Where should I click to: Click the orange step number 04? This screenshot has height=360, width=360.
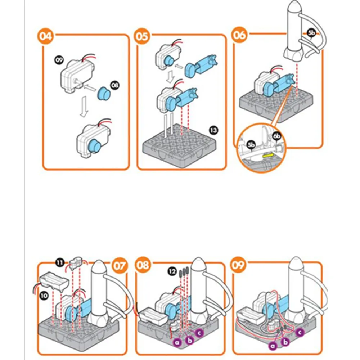45,36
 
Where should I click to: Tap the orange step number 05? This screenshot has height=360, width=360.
142,36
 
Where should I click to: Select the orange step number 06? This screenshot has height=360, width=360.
239,35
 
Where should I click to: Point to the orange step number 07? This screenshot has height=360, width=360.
120,266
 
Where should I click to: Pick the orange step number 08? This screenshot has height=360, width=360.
143,266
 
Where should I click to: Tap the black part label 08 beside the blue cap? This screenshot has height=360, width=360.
115,85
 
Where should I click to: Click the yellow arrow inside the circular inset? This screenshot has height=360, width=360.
268,156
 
